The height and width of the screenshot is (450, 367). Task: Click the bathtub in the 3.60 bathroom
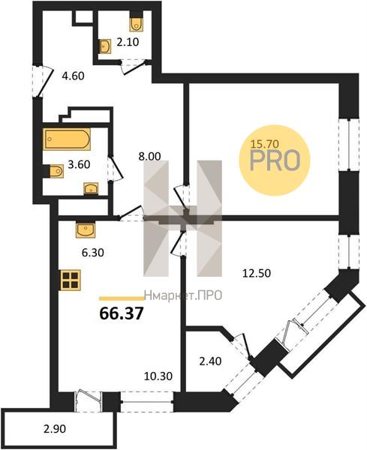tap(67, 139)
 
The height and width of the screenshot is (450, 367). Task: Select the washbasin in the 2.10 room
tap(105, 46)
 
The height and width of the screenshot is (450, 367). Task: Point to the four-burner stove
tap(71, 280)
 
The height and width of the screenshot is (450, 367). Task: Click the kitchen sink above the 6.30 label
tap(86, 230)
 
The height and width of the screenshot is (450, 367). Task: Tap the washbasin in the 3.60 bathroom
tap(91, 188)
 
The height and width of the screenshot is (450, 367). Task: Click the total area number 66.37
tap(121, 313)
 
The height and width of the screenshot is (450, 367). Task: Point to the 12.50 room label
tap(257, 273)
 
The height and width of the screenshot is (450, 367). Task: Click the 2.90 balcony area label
tap(55, 429)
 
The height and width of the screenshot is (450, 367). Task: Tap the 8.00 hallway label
tap(149, 157)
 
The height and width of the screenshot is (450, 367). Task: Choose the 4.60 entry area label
tap(73, 76)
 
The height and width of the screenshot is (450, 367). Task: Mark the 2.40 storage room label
tap(210, 361)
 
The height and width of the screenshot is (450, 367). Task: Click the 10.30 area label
tap(158, 376)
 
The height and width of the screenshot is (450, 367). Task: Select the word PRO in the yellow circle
tap(275, 160)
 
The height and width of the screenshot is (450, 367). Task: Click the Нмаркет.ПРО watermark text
tap(183, 295)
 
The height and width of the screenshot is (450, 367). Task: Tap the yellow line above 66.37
tap(122, 298)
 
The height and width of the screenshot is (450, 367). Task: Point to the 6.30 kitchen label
tap(93, 253)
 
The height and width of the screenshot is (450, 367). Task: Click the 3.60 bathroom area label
tap(79, 165)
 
